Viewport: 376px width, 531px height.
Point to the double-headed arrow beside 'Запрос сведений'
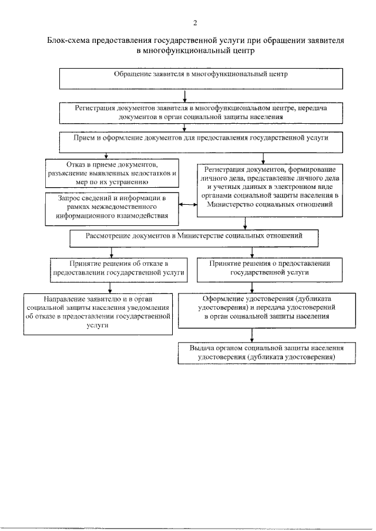[187, 205]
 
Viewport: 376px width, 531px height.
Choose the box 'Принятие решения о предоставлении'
[270, 268]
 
